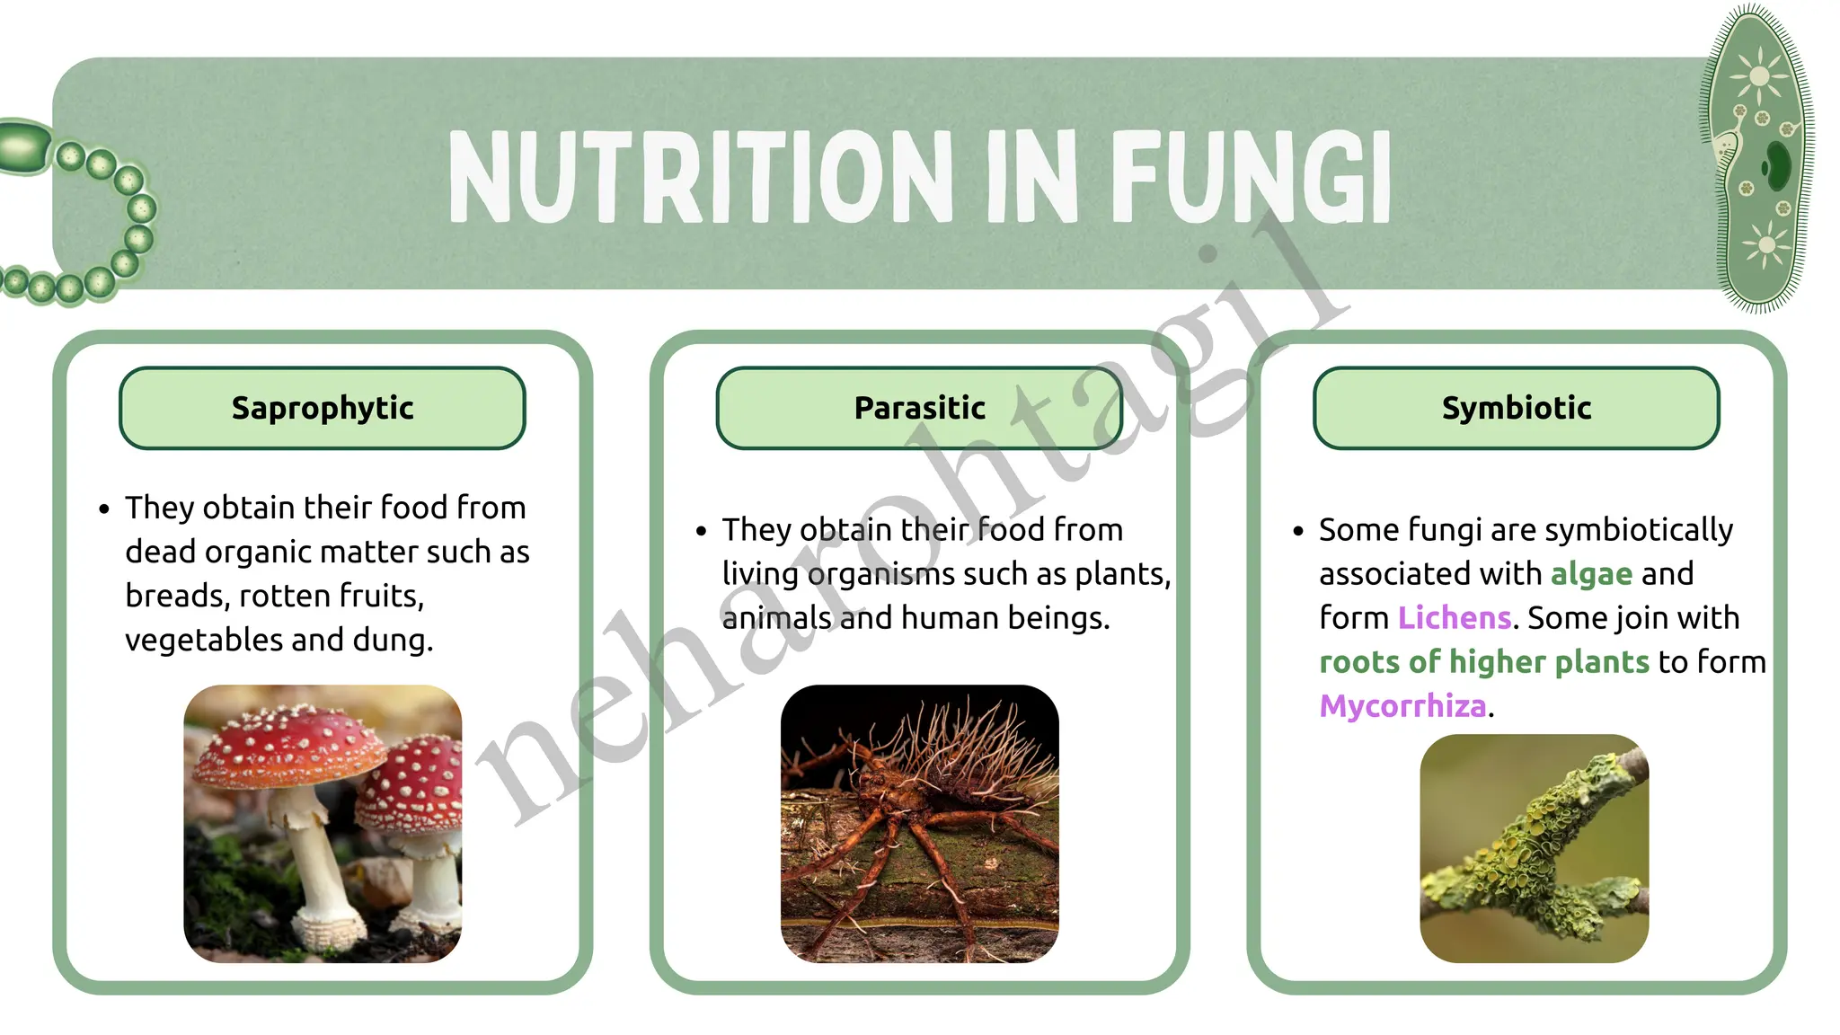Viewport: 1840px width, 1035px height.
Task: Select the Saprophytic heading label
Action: pos(323,408)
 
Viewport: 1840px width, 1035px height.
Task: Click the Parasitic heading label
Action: pos(919,408)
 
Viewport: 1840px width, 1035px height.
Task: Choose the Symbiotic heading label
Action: pos(1516,408)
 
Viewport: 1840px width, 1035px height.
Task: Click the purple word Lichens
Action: pos(1454,618)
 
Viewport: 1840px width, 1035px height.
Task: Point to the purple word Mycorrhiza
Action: pos(1402,706)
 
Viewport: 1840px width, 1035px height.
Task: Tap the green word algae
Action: pos(1591,574)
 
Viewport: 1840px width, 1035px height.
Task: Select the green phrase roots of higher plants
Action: pos(1483,662)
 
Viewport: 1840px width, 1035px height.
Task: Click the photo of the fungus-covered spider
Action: pos(919,824)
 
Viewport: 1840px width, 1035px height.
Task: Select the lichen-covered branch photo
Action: pos(1534,849)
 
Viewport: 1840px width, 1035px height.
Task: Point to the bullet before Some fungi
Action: pos(1297,531)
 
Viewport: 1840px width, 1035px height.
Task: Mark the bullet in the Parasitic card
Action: pos(701,531)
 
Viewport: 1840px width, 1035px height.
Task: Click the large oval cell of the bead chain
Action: pos(24,147)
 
